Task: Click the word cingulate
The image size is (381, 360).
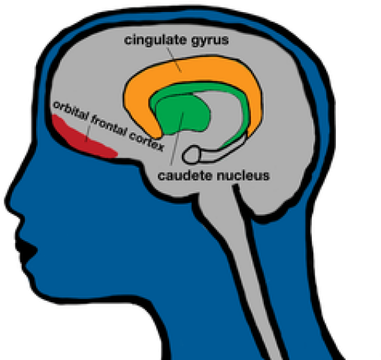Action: pyautogui.click(x=156, y=40)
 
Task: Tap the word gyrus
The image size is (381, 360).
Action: pyautogui.click(x=210, y=41)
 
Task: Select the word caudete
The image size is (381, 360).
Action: pyautogui.click(x=185, y=175)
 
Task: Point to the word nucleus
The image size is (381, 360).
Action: pyautogui.click(x=243, y=175)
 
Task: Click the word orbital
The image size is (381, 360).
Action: pyautogui.click(x=71, y=110)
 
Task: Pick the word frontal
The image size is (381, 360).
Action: pyautogui.click(x=108, y=126)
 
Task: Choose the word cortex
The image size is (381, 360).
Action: pyautogui.click(x=147, y=141)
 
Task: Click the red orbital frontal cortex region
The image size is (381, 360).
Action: pyautogui.click(x=83, y=137)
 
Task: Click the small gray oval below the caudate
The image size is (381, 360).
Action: pyautogui.click(x=192, y=156)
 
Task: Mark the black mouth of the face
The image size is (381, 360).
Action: pyautogui.click(x=26, y=250)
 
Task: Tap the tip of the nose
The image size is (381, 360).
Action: pyautogui.click(x=7, y=201)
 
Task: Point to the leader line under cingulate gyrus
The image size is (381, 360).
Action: pyautogui.click(x=174, y=59)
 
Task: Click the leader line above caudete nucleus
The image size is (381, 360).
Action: pyautogui.click(x=177, y=139)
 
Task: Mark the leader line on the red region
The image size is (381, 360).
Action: pyautogui.click(x=88, y=132)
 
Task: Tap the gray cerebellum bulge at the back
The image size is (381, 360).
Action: pyautogui.click(x=280, y=190)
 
